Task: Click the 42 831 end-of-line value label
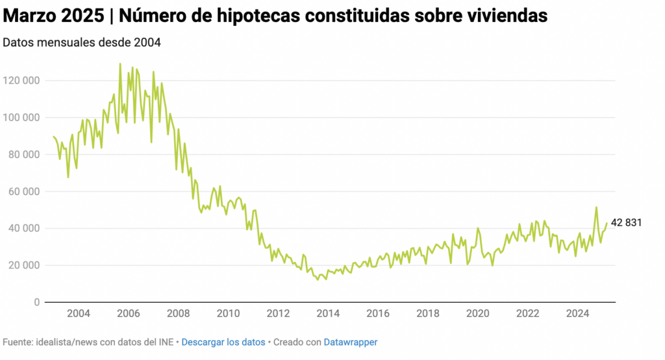click(x=626, y=223)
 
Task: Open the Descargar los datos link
click(x=223, y=342)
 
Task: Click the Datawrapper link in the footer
click(x=351, y=342)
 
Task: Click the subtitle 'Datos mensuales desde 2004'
click(x=81, y=43)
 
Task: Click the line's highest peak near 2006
click(x=120, y=64)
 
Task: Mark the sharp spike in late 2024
click(x=596, y=208)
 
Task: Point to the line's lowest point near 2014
click(x=318, y=279)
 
